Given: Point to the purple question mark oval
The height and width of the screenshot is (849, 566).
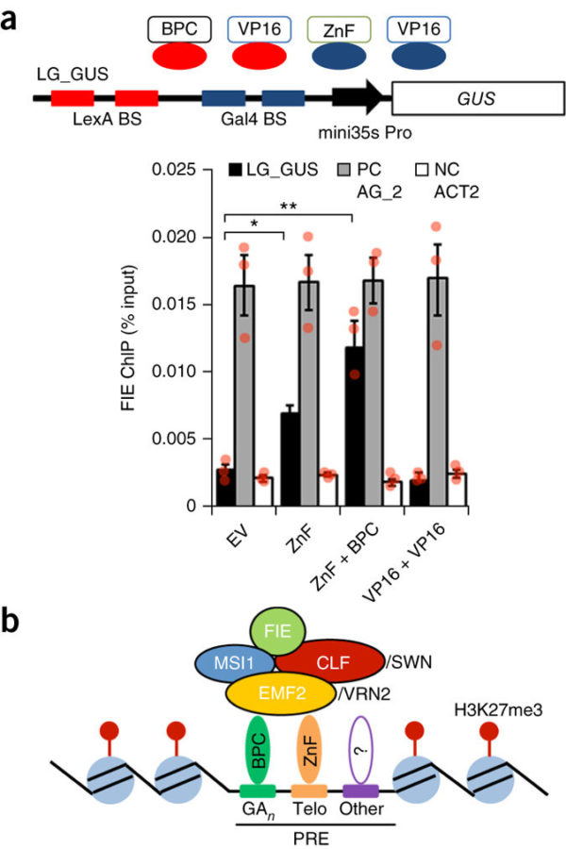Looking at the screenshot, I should (361, 749).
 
